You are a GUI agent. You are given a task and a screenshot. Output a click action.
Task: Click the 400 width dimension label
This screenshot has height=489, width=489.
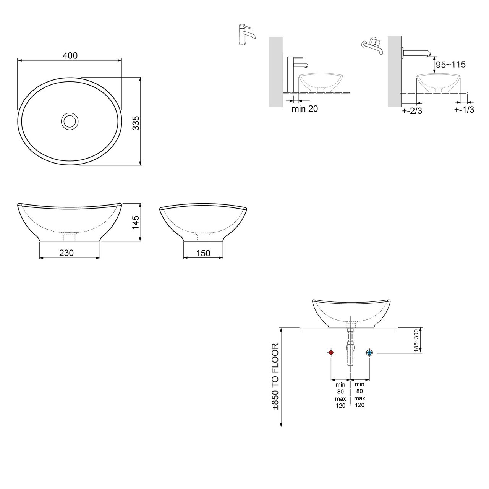(70, 55)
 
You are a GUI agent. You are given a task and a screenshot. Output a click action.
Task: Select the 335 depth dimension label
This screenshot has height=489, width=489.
(136, 123)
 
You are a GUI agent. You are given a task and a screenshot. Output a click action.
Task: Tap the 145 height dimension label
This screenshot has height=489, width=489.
(136, 223)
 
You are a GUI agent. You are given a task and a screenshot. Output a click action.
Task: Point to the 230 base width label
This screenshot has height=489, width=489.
(66, 253)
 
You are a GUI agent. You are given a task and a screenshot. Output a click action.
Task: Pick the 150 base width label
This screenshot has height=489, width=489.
(203, 253)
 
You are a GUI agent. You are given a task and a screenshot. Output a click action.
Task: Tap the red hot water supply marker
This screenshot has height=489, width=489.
(331, 353)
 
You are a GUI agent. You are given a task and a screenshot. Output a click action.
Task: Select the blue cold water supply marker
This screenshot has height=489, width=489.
(369, 353)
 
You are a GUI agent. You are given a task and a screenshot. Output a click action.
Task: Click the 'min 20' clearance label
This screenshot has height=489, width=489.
(304, 109)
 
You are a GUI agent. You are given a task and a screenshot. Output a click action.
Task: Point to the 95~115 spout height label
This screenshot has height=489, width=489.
(451, 65)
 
